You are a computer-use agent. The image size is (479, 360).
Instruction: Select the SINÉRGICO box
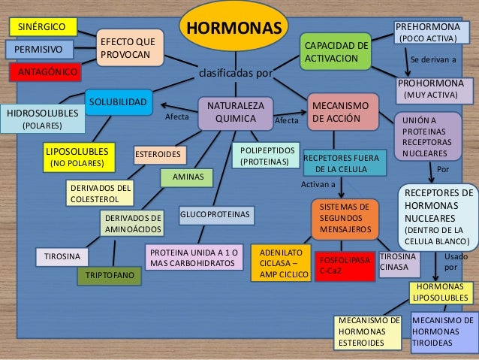click(x=43, y=27)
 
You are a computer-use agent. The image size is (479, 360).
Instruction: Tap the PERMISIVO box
click(x=39, y=50)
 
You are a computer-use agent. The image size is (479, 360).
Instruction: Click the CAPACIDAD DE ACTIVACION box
click(x=335, y=53)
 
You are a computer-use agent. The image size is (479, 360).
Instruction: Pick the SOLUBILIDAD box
click(x=118, y=101)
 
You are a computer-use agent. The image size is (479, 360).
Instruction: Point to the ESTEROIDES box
click(x=158, y=156)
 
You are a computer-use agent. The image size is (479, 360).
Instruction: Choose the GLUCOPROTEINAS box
click(x=215, y=215)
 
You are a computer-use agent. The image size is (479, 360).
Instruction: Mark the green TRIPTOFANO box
click(x=110, y=277)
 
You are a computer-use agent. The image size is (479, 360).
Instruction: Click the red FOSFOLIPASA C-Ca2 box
click(x=345, y=265)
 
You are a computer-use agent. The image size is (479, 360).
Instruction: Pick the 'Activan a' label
click(x=318, y=183)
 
